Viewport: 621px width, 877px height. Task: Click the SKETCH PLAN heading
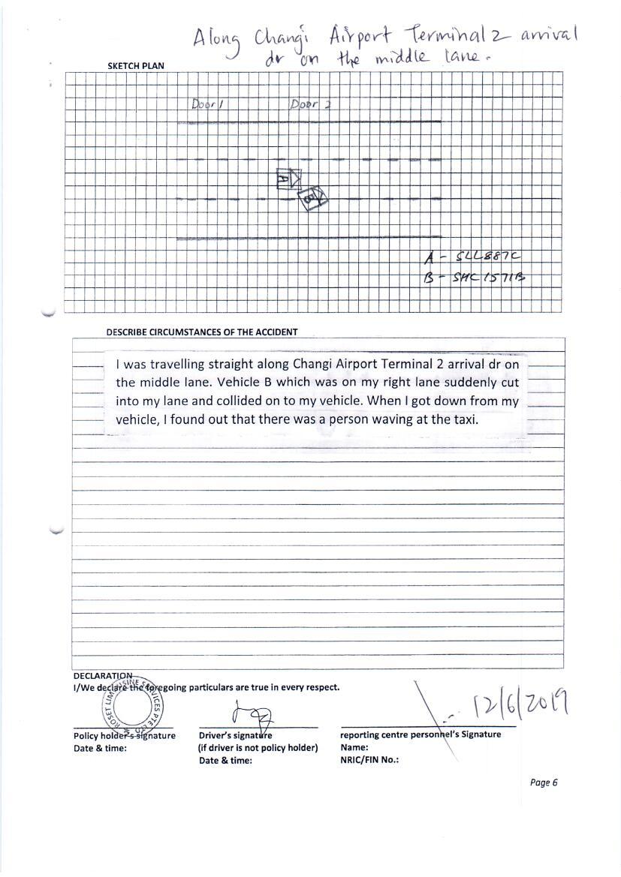click(136, 66)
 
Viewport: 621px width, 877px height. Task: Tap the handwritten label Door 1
click(204, 105)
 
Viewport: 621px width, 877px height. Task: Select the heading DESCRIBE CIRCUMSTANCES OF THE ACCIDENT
click(202, 332)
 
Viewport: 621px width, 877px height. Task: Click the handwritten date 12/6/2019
click(519, 703)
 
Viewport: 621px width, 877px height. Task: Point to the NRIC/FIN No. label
click(369, 759)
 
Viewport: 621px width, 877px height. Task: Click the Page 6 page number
click(544, 782)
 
